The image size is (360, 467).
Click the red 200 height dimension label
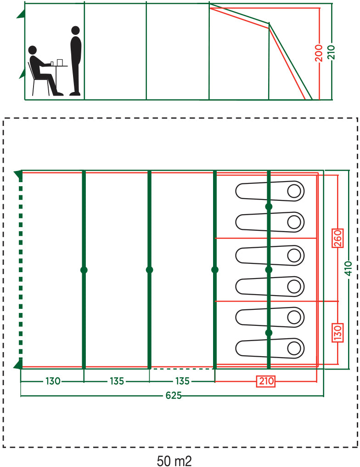[319, 53]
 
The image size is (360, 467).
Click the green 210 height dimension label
[331, 52]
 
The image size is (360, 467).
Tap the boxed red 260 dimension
[337, 238]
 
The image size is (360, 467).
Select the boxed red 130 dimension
[337, 333]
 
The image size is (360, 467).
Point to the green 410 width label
[349, 268]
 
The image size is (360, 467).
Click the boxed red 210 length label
[266, 381]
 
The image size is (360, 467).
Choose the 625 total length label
[174, 395]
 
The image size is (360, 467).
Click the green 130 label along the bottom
[53, 381]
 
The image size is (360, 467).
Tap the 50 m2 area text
[174, 461]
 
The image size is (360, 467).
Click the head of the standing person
[76, 30]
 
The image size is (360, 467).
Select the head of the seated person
[33, 50]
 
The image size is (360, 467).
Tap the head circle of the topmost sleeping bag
[294, 191]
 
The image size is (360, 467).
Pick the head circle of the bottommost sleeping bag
[294, 348]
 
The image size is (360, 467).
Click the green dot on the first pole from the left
[84, 270]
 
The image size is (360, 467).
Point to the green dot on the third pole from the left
[215, 270]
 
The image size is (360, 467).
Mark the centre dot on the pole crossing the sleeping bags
[269, 270]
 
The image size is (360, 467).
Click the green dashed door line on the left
[21, 269]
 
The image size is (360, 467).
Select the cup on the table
[52, 63]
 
